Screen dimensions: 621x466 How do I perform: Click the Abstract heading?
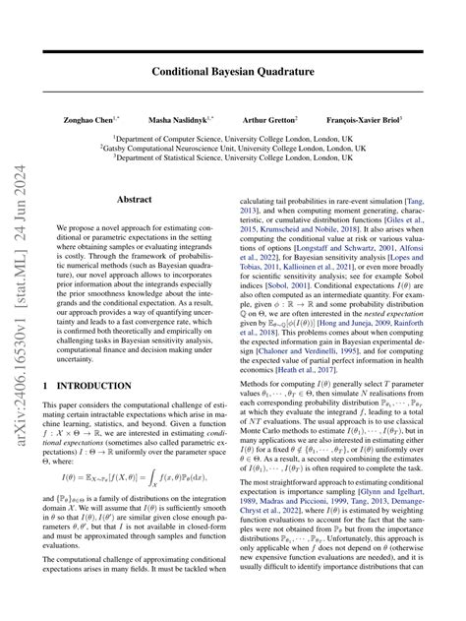coord(135,199)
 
